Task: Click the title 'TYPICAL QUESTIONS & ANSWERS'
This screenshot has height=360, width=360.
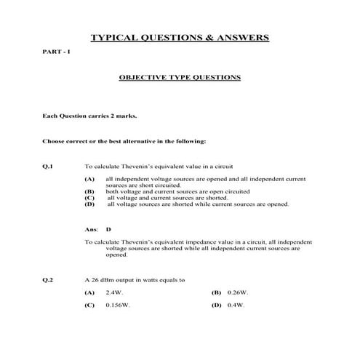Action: (179, 37)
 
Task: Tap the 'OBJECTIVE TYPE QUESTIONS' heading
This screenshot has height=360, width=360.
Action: (179, 76)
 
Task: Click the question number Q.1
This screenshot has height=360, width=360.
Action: (49, 166)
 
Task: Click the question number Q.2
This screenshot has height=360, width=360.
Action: (49, 279)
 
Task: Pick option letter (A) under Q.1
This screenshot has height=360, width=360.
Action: (89, 179)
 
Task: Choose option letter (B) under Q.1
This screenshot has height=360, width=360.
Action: (89, 191)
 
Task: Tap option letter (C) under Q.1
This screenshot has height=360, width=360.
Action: (89, 198)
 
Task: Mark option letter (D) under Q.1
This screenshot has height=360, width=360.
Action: (89, 204)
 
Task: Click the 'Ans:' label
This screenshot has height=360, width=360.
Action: (91, 229)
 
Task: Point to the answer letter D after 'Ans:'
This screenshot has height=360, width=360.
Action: (108, 229)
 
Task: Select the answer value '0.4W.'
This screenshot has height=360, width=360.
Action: (236, 305)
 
